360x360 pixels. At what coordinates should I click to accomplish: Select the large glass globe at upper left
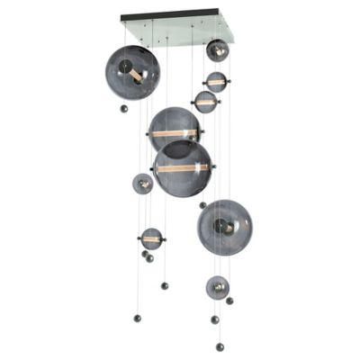[131, 72]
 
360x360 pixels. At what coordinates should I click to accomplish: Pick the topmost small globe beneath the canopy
[217, 49]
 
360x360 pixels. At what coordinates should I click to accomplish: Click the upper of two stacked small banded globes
[216, 82]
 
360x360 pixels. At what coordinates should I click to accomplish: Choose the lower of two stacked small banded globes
[205, 102]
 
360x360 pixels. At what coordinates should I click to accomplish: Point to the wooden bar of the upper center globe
[174, 133]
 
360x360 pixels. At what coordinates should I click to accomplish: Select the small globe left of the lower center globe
[142, 184]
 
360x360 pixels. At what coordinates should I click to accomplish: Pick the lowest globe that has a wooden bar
[151, 239]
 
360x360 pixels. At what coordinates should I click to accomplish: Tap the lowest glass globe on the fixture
[217, 287]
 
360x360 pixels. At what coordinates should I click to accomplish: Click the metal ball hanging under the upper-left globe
[124, 109]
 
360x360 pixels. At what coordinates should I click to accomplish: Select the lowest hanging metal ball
[220, 346]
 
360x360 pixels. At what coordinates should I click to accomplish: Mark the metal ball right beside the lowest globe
[230, 301]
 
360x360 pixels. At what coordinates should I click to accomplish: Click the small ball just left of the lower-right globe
[202, 205]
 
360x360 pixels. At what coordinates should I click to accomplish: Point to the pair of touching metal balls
[147, 256]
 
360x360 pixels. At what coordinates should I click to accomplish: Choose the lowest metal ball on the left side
[138, 318]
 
